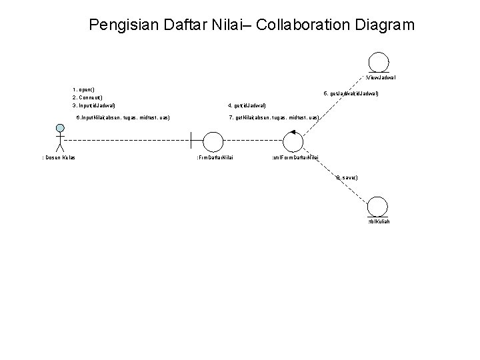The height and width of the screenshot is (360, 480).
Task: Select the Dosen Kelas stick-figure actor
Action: [60, 138]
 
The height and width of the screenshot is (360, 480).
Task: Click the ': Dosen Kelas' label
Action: [59, 157]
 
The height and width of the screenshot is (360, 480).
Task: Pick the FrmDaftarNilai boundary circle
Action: [213, 141]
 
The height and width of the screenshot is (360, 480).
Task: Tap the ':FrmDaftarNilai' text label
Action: [215, 157]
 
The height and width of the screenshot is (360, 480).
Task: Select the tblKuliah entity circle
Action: [377, 206]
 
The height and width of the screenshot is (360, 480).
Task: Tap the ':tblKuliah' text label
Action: [379, 221]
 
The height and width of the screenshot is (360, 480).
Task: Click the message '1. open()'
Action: [84, 89]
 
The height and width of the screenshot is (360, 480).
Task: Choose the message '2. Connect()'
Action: [87, 97]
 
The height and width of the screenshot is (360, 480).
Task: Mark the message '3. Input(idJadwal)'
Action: [94, 106]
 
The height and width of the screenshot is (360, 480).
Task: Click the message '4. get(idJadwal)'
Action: [247, 106]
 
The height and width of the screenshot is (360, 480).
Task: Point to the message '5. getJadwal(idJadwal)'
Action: [351, 94]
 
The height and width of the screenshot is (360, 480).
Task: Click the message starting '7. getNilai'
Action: [274, 117]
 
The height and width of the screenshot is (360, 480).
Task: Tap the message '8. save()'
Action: [347, 177]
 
